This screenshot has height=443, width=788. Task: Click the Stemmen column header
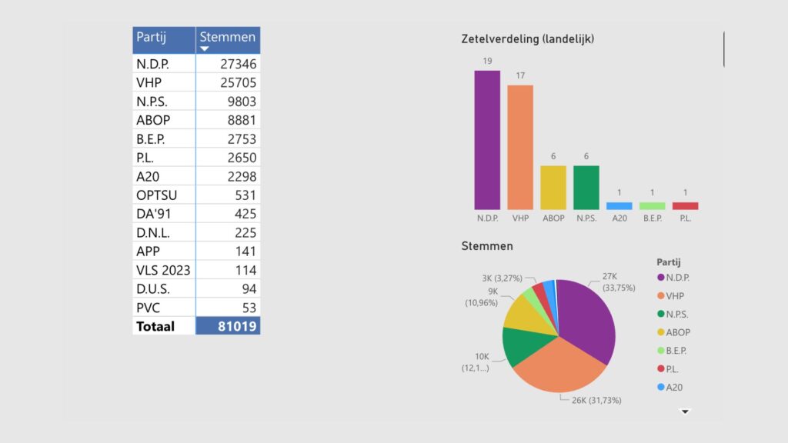tap(227, 38)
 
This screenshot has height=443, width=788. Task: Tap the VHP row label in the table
tap(149, 82)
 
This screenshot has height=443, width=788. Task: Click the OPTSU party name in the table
tap(156, 195)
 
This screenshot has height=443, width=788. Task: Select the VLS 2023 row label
tap(163, 270)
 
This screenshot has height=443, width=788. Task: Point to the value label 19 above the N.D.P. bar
tap(487, 61)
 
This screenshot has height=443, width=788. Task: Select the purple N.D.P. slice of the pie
tap(589, 320)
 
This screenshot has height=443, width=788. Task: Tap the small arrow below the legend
tap(686, 411)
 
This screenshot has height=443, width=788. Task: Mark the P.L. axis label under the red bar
tap(686, 218)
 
